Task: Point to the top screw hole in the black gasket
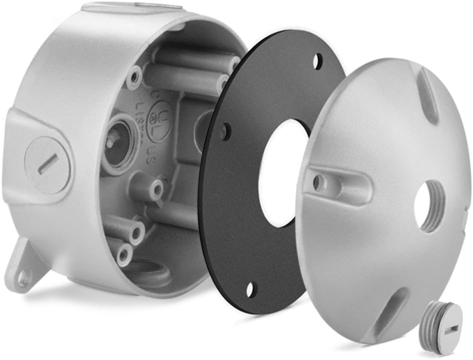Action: coord(317,61)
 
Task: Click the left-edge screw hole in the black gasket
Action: coord(225,132)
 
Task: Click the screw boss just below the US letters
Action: coord(156,189)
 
